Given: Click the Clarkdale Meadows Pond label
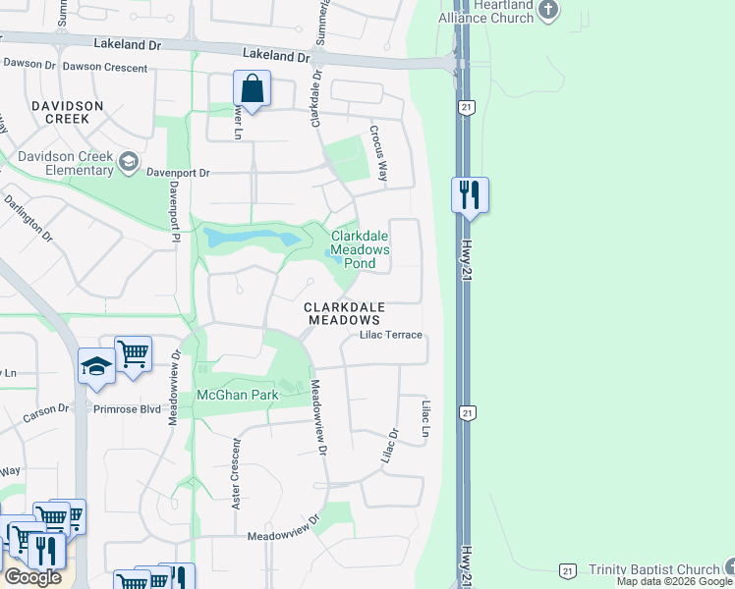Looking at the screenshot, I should (x=360, y=249).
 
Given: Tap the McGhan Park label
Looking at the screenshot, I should (x=238, y=395).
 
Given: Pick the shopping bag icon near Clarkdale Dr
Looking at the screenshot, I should (x=253, y=89).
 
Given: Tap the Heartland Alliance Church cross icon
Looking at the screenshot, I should (x=548, y=11).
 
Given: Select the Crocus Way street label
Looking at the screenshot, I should (x=378, y=153).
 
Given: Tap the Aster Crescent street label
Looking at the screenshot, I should (x=236, y=474).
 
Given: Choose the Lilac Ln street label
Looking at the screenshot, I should (x=426, y=419).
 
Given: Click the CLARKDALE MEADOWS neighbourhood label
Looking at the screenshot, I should (x=343, y=313).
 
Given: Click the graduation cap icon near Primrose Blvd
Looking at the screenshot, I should (x=96, y=366).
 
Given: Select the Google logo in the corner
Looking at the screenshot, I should (x=33, y=577).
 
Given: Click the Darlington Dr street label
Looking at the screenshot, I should (x=28, y=217).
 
